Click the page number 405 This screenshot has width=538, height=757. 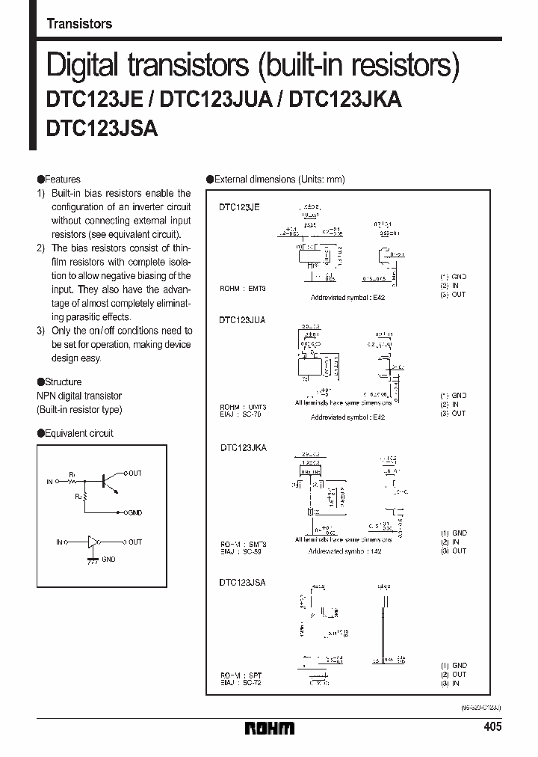(492, 727)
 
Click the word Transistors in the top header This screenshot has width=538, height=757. (79, 24)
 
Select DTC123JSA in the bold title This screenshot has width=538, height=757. (102, 128)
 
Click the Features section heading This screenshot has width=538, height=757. (59, 180)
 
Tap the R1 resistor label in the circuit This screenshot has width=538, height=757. (72, 475)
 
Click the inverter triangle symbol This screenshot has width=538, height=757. (93, 542)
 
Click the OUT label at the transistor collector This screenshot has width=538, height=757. (134, 473)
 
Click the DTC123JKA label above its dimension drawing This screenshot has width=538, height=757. (243, 447)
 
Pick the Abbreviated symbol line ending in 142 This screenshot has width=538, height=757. (345, 551)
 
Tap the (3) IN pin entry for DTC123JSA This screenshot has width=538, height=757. (453, 683)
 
